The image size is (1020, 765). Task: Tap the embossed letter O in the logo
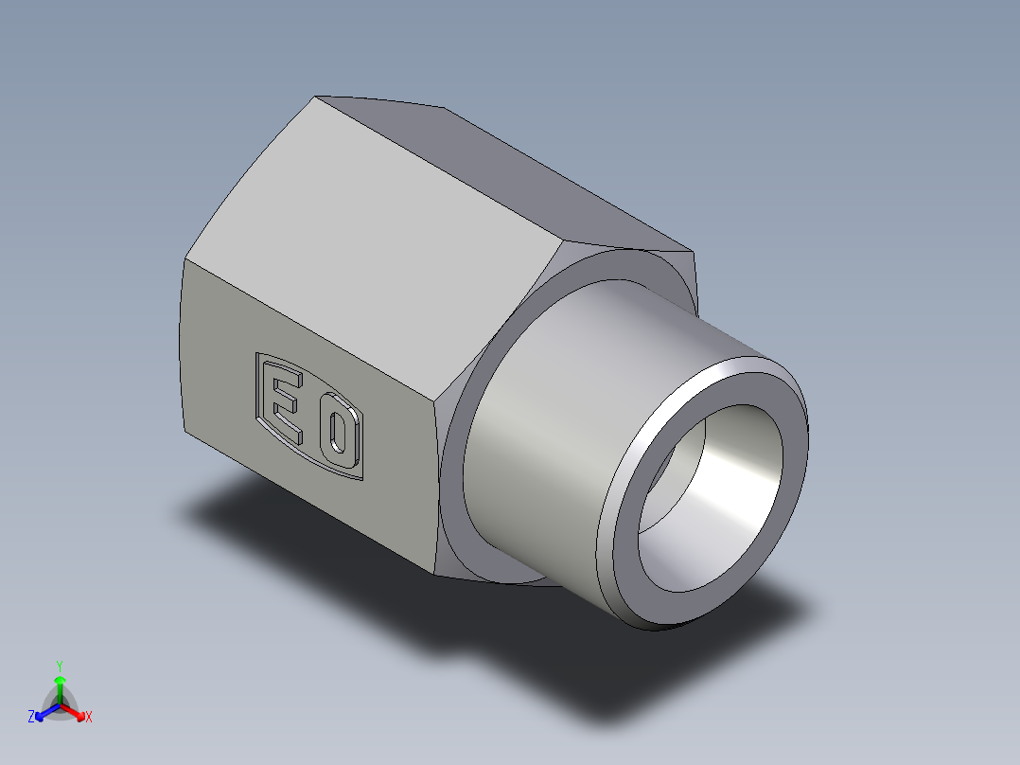[x=338, y=436]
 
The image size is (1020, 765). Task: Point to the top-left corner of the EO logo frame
[x=257, y=355]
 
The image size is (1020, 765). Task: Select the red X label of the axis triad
[x=89, y=718]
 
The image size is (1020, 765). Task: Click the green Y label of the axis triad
[x=60, y=665]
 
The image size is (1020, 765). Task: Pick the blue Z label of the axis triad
[x=31, y=717]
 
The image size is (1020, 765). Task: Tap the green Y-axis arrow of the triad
[x=60, y=685]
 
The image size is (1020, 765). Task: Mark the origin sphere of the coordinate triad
[x=60, y=703]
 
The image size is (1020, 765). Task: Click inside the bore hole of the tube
[x=719, y=511]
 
